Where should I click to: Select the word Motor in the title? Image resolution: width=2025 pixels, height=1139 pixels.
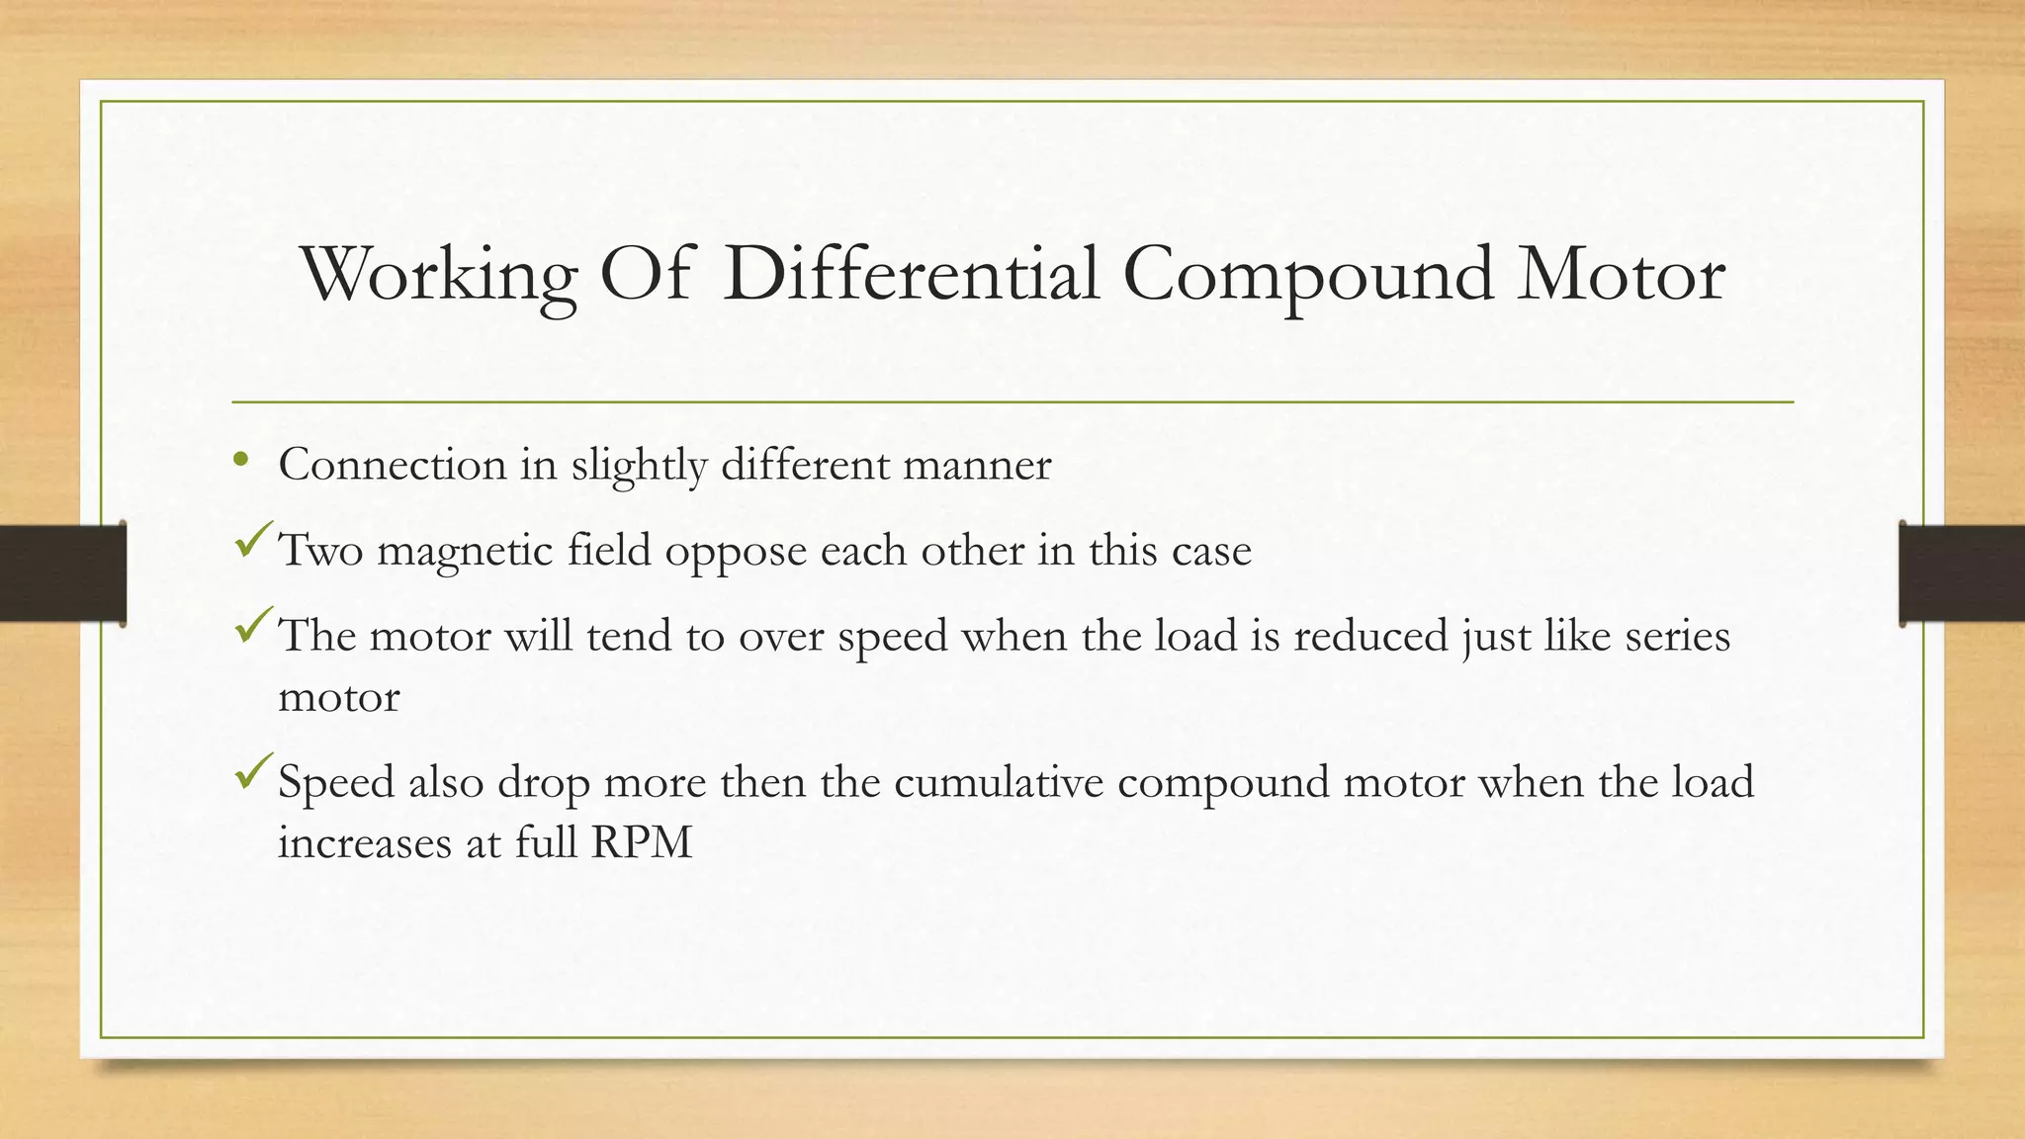[1622, 275]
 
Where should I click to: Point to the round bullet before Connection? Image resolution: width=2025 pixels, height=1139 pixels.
[240, 460]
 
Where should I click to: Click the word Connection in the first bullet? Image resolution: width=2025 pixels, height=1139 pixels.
[393, 465]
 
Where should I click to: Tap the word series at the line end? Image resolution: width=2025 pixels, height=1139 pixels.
[1678, 636]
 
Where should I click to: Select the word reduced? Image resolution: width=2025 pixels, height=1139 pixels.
[1370, 636]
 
